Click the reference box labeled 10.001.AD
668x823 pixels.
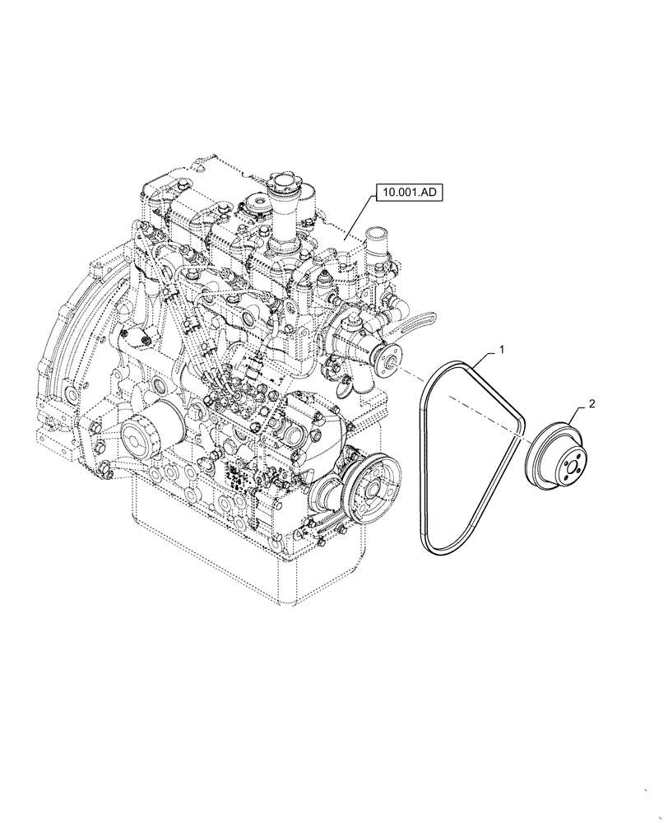[x=410, y=193]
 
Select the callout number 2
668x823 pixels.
[x=591, y=404]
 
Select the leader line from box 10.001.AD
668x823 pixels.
[x=360, y=218]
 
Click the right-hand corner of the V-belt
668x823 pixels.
[x=521, y=424]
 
